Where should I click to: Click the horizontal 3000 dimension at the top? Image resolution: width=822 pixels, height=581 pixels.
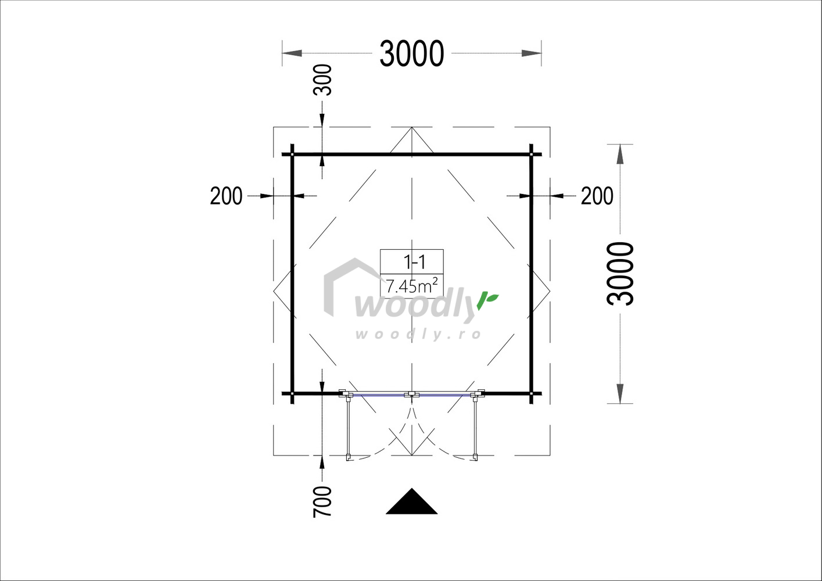coord(412,53)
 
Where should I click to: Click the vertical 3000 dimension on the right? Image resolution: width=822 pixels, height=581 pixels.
coord(620,274)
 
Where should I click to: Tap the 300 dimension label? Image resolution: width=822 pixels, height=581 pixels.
coord(322,80)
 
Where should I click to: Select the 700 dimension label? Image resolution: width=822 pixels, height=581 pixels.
coord(322,502)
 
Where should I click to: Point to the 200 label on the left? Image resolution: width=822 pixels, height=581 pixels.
coord(226,196)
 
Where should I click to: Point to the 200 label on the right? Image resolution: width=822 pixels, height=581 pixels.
coord(597,196)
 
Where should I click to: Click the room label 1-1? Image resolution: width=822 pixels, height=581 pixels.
coord(414,262)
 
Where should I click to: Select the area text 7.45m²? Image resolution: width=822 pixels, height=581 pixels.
coord(412,286)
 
